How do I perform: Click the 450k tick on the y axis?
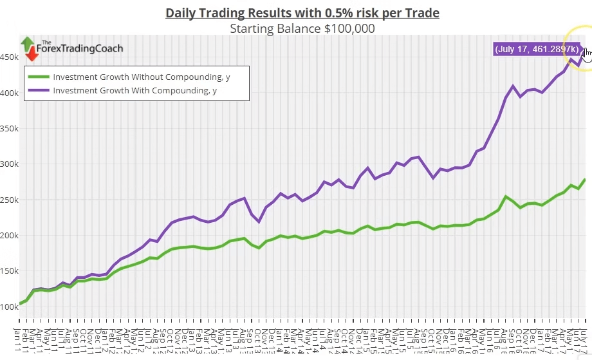coord(8,57)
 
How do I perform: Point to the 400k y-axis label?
coord(8,93)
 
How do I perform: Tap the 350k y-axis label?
coord(8,128)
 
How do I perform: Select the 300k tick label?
coord(8,164)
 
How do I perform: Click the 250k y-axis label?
coord(8,200)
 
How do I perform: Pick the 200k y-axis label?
coord(8,236)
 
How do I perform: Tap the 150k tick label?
coord(8,271)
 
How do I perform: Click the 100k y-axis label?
coord(8,307)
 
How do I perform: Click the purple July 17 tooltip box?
coord(537,50)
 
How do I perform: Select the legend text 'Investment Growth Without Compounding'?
coord(142,77)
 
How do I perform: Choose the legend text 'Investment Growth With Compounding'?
coord(134,91)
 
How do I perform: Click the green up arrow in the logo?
coord(28,44)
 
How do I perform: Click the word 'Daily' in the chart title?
coord(181,13)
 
